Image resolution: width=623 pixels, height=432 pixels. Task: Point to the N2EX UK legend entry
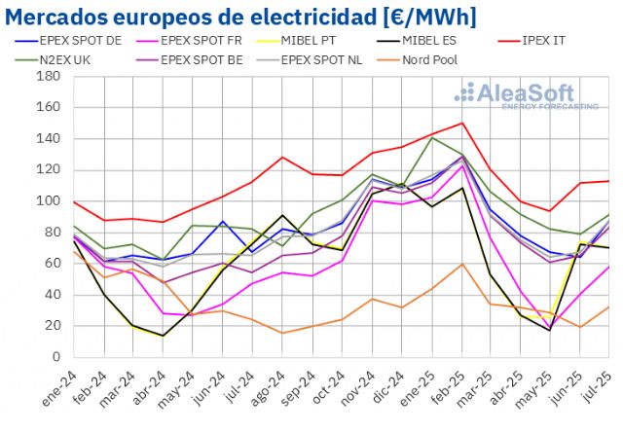(x=78, y=59)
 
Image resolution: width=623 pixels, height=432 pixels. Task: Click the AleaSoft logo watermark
(x=525, y=95)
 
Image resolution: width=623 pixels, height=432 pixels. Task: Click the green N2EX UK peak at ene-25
(x=430, y=137)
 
